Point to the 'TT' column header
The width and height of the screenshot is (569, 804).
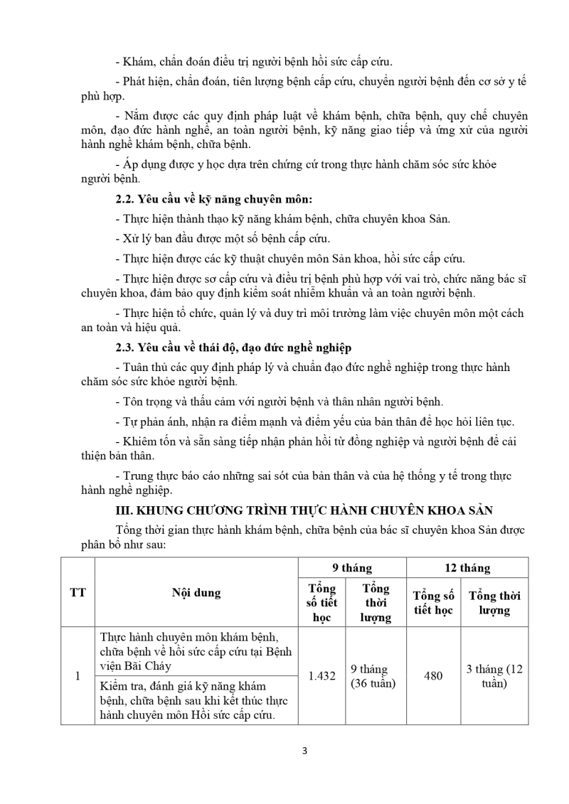(78, 592)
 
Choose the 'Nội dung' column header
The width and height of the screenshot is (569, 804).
(196, 592)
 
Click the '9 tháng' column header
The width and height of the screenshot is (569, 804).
(352, 568)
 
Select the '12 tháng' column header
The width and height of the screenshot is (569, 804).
(467, 568)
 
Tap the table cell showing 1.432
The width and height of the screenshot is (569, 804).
(321, 676)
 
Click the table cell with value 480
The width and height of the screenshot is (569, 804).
(433, 676)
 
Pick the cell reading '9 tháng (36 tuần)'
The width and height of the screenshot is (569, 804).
(374, 676)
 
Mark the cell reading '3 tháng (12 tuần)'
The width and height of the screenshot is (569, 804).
(494, 676)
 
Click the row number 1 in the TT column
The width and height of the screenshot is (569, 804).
(78, 676)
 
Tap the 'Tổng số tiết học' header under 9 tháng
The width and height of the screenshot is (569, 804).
(321, 603)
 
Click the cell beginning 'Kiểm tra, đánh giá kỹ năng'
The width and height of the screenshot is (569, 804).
(196, 700)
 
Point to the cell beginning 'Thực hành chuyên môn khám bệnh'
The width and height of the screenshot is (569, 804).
(196, 650)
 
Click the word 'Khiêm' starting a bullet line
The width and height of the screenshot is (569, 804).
(140, 441)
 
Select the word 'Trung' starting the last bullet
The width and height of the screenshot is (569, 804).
(140, 476)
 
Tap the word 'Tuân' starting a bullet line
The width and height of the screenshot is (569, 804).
(138, 367)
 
